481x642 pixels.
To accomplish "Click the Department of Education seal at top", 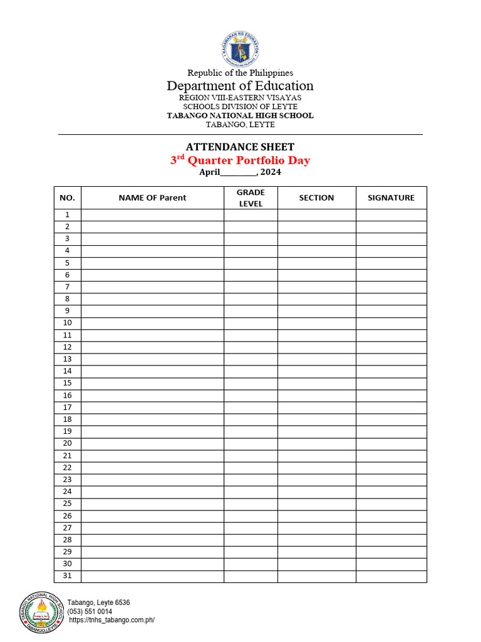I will (240, 49).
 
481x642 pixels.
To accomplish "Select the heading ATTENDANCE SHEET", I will (240, 147).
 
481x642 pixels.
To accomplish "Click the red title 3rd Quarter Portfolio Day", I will (240, 160).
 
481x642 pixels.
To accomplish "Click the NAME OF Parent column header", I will (152, 197).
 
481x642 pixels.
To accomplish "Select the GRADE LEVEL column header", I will (251, 197).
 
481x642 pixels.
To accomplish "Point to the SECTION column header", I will (316, 197).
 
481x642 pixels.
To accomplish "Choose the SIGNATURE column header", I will (391, 197).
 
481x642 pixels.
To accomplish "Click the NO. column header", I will (67, 197).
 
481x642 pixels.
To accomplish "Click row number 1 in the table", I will (67, 215).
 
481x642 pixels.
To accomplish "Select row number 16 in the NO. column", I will (67, 396).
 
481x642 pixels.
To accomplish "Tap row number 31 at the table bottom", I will (67, 576).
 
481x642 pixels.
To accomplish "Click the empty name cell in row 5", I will (152, 263).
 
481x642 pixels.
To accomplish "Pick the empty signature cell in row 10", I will (391, 324).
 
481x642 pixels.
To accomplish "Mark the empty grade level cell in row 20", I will (251, 444).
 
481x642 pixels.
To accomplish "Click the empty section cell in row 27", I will (316, 528).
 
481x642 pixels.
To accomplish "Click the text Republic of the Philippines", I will (240, 73).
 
